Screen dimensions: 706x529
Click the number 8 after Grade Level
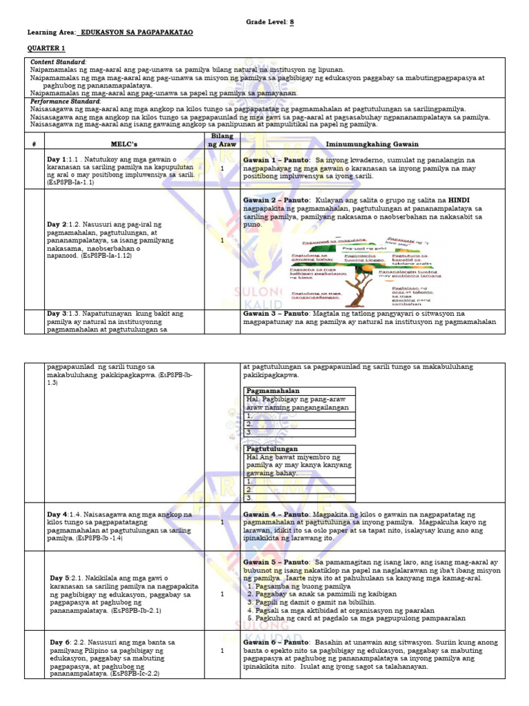291,22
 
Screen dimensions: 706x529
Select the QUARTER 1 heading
46,49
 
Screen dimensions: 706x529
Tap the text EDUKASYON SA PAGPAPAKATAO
136,32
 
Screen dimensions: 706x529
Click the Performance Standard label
65,101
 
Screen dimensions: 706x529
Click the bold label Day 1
56,159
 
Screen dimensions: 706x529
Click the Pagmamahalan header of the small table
269,391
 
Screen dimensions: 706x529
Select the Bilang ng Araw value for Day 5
222,594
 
